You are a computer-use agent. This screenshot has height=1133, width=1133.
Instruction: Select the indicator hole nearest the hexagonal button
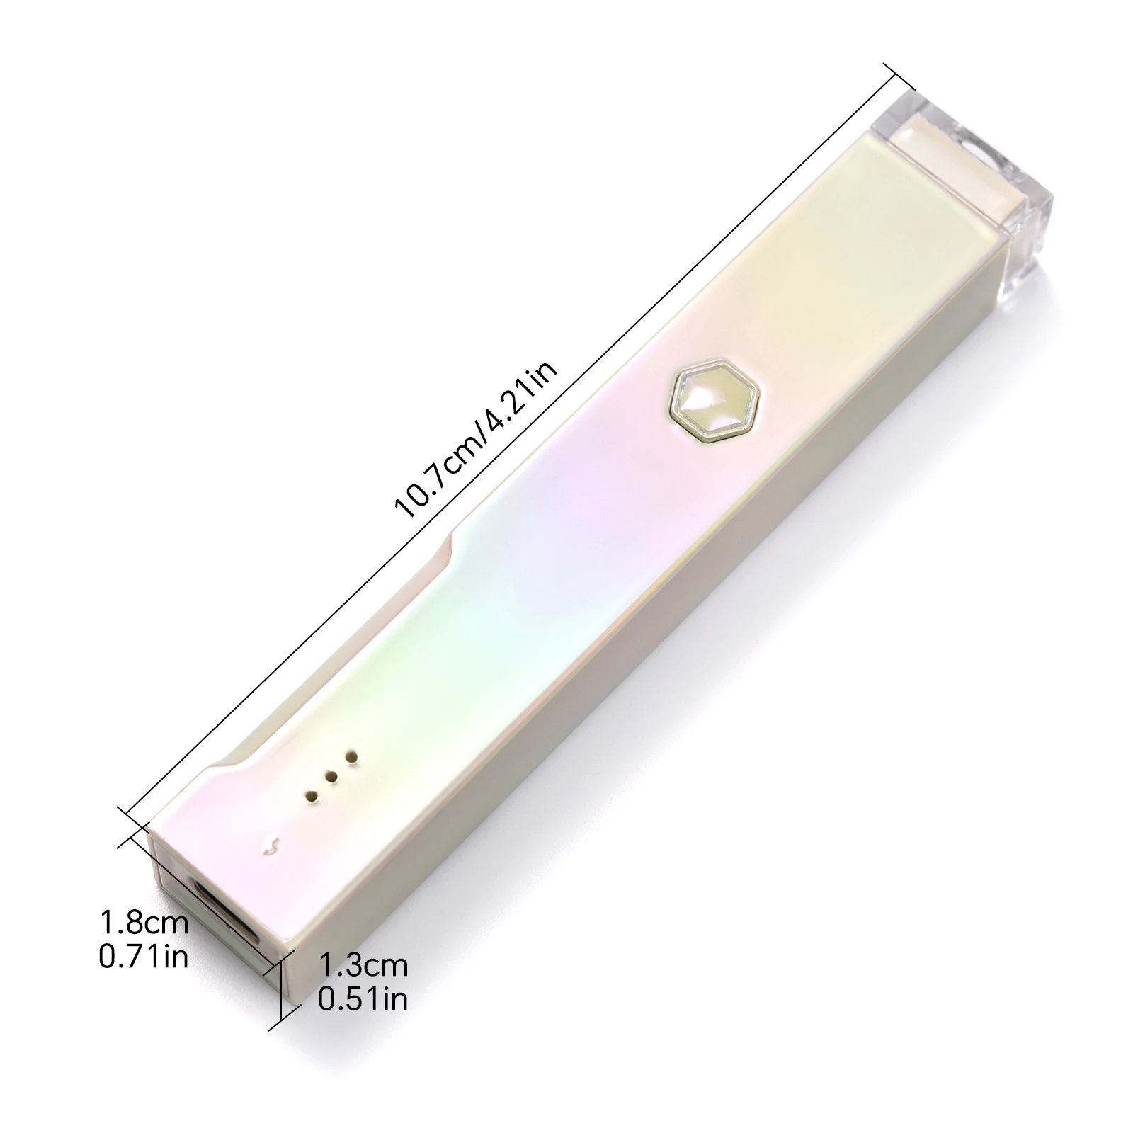(349, 758)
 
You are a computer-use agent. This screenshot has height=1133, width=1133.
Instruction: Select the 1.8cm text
(144, 923)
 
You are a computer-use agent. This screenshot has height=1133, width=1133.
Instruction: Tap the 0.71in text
(144, 957)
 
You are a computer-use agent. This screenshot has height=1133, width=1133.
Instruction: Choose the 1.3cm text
(363, 964)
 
